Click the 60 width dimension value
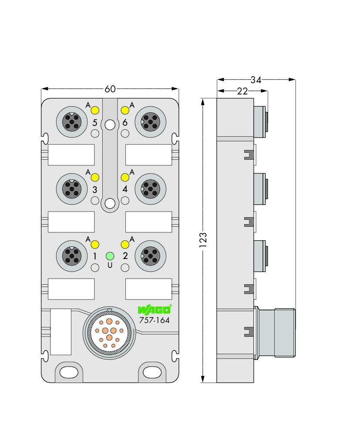click(110, 89)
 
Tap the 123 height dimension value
click(203, 240)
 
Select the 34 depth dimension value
click(256, 80)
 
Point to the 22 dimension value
click(242, 91)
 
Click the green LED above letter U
click(110, 256)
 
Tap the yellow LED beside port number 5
click(95, 111)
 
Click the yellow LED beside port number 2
click(125, 245)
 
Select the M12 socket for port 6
click(151, 122)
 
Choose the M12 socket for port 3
click(72, 189)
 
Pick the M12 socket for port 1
click(72, 256)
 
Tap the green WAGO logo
click(155, 309)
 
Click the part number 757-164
click(155, 320)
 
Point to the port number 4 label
click(125, 189)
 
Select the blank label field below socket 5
click(71, 155)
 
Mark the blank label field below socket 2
click(149, 289)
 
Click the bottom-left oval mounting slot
click(69, 372)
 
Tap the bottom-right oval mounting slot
click(152, 372)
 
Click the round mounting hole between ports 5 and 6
click(110, 125)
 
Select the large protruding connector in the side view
click(275, 333)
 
